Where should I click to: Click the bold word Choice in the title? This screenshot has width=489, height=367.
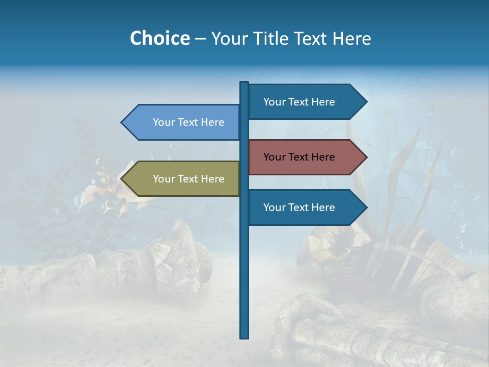click(159, 38)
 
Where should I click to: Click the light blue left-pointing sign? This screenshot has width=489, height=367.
click(183, 122)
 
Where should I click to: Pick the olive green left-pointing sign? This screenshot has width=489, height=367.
click(183, 179)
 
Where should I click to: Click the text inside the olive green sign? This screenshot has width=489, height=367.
click(188, 179)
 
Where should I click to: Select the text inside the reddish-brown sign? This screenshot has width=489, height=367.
click(299, 157)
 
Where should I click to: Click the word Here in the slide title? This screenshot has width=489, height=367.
click(351, 38)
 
